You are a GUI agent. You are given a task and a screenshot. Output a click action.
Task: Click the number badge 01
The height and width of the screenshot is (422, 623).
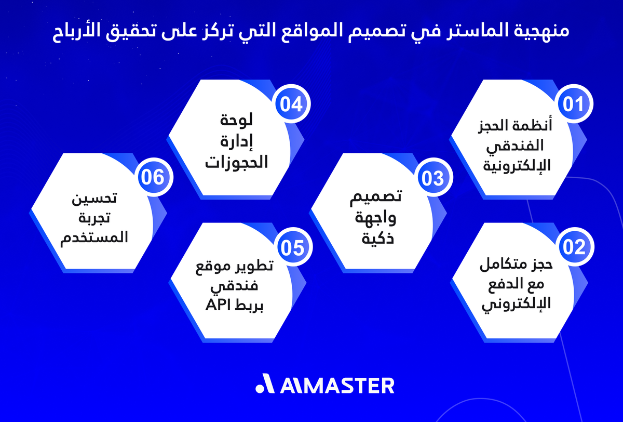pos(574,104)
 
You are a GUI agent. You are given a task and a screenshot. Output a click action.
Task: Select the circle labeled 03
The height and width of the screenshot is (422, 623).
pos(433,178)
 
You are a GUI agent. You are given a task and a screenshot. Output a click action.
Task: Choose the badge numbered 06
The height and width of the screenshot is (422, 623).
pos(152,177)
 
